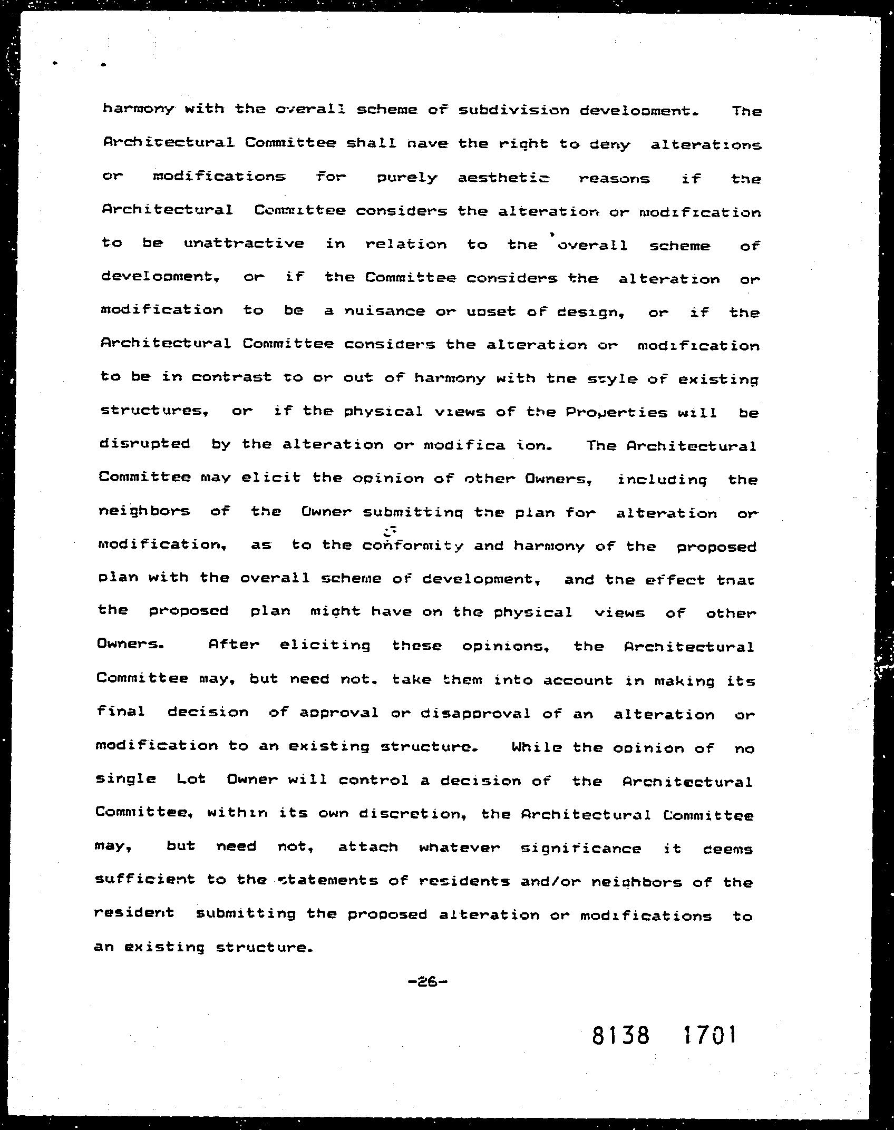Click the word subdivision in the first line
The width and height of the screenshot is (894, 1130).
point(514,110)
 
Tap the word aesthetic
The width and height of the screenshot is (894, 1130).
point(503,179)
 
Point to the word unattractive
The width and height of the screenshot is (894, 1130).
point(244,243)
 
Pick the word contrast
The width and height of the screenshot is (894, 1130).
point(231,377)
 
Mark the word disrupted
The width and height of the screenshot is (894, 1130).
point(144,444)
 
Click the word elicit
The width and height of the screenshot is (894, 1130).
point(271,478)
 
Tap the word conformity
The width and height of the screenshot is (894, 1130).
point(413,546)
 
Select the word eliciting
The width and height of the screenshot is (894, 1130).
point(325,646)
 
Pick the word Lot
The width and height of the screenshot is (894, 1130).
point(191,779)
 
